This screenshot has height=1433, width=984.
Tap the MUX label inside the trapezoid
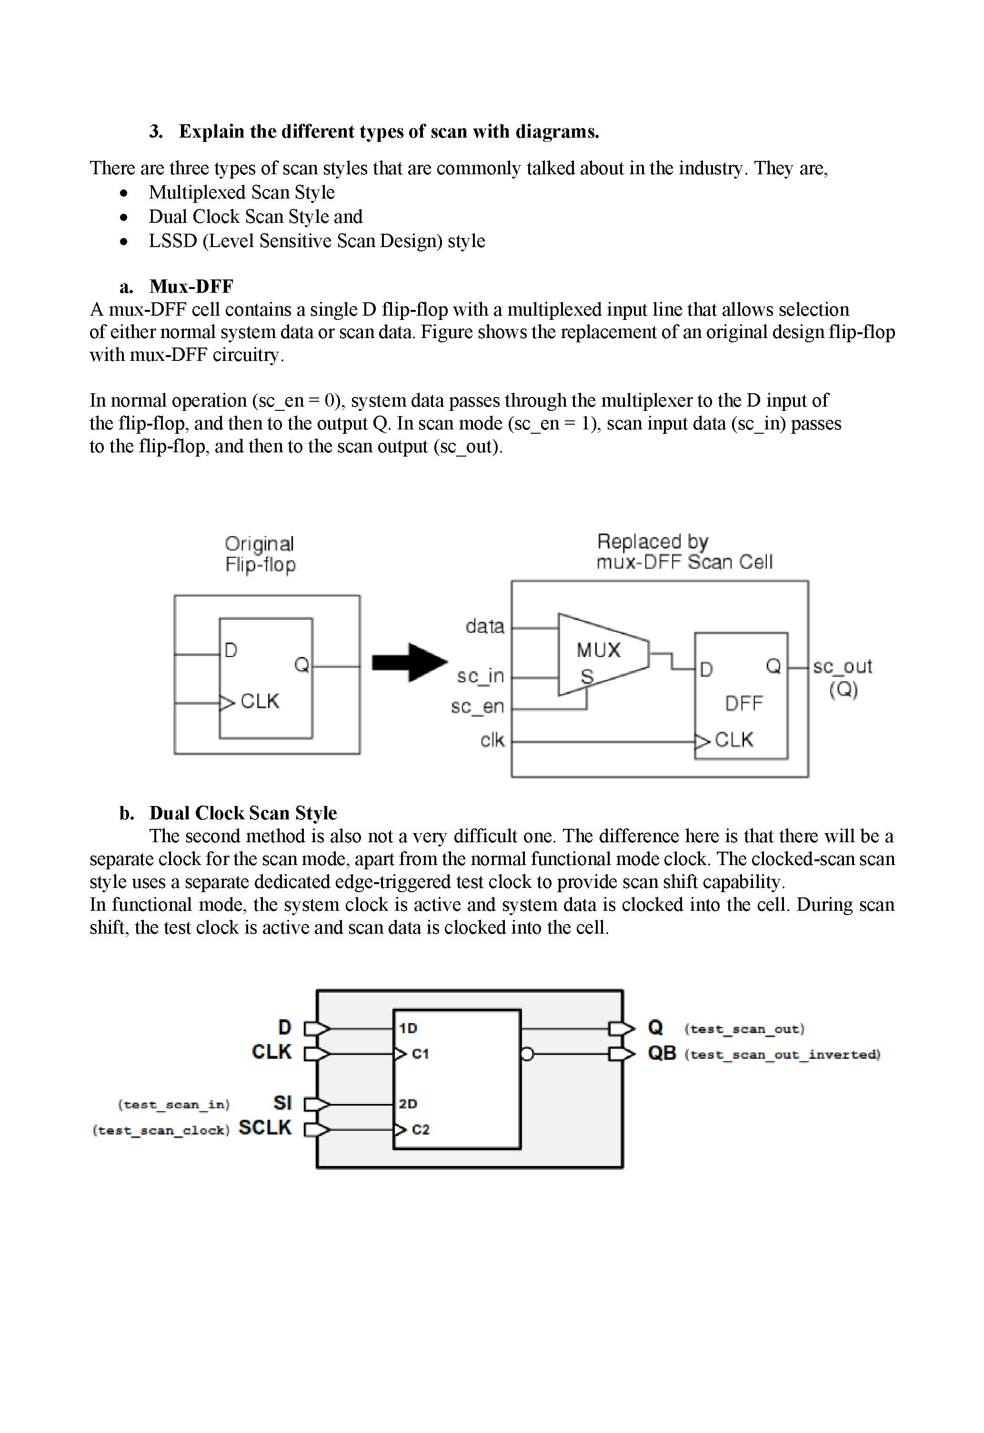pyautogui.click(x=598, y=650)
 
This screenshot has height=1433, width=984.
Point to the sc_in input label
pyautogui.click(x=480, y=677)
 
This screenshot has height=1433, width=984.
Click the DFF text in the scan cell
pyautogui.click(x=743, y=704)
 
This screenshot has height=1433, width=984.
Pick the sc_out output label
pyautogui.click(x=842, y=667)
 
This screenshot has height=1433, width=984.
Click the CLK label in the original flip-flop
pyautogui.click(x=260, y=701)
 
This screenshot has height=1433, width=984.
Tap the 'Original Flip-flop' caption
pyautogui.click(x=260, y=554)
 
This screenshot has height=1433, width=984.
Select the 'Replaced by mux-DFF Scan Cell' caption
pyautogui.click(x=683, y=552)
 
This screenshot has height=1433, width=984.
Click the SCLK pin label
pyautogui.click(x=265, y=1128)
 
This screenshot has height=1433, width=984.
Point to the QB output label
pyautogui.click(x=662, y=1053)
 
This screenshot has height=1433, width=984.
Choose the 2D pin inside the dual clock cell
pyautogui.click(x=408, y=1104)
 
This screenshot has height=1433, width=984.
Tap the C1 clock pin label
pyautogui.click(x=420, y=1054)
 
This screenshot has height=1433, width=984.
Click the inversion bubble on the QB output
pyautogui.click(x=527, y=1055)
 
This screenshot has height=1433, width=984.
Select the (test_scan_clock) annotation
pyautogui.click(x=161, y=1130)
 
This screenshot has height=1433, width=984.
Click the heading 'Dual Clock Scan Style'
pyautogui.click(x=242, y=813)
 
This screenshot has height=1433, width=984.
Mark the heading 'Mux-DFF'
pyautogui.click(x=191, y=287)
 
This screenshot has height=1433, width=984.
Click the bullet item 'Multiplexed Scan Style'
pyautogui.click(x=241, y=192)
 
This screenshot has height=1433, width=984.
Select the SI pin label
pyautogui.click(x=282, y=1103)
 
